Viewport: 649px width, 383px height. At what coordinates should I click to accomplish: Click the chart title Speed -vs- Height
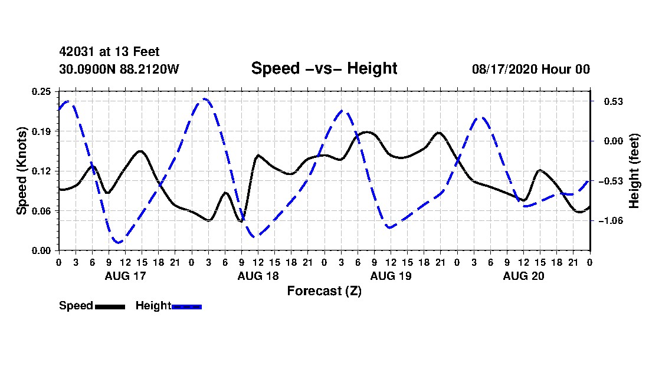(x=324, y=68)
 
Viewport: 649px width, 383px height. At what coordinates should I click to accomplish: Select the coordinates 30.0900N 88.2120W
(x=119, y=69)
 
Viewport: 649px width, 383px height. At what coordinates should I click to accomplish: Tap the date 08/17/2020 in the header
(x=504, y=69)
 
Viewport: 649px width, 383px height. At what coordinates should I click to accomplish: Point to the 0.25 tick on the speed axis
(x=41, y=91)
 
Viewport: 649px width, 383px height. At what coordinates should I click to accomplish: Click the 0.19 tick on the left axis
(x=41, y=131)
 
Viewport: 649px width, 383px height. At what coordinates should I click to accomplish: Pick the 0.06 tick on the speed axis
(x=41, y=211)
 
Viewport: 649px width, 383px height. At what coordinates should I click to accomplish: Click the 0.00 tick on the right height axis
(x=614, y=141)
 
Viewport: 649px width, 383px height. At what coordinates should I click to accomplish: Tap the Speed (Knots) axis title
(x=21, y=171)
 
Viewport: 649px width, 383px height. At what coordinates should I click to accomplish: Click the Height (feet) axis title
(x=634, y=171)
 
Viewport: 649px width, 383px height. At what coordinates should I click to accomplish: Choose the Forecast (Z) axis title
(x=324, y=291)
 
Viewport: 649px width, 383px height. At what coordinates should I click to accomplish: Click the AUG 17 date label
(x=126, y=276)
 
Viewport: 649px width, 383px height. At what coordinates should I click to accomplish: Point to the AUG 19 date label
(x=391, y=276)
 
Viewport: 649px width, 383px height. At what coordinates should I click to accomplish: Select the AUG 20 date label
(x=523, y=276)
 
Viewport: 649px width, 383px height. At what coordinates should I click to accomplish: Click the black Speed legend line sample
(x=110, y=306)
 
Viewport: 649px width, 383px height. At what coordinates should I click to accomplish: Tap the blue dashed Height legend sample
(x=186, y=306)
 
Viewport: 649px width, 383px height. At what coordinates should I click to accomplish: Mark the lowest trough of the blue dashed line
(x=119, y=242)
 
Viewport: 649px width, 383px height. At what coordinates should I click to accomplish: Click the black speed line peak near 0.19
(x=367, y=132)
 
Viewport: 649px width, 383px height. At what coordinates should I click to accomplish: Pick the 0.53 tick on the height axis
(x=614, y=101)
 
